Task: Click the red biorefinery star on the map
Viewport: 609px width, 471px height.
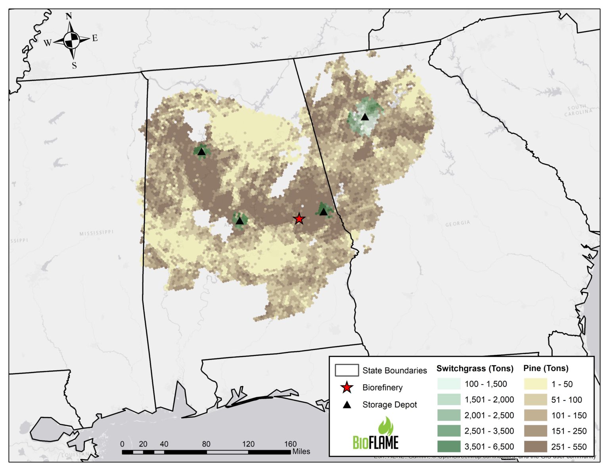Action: click(299, 219)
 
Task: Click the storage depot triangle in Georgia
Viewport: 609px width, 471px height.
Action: click(365, 117)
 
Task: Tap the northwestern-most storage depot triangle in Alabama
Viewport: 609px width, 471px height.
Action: click(201, 152)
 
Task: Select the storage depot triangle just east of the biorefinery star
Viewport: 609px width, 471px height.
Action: click(324, 211)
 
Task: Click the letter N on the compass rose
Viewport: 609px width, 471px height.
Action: click(69, 16)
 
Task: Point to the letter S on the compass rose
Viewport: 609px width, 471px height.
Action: click(74, 65)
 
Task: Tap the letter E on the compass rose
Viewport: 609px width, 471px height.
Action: click(95, 38)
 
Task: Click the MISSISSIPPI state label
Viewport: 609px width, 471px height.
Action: click(96, 233)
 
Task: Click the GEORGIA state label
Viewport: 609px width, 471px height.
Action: click(458, 224)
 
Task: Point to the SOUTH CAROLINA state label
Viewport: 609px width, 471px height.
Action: click(578, 110)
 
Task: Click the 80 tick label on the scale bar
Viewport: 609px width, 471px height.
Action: click(206, 444)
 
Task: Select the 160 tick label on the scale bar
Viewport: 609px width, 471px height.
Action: click(290, 444)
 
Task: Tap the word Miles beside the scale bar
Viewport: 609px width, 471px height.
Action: click(301, 452)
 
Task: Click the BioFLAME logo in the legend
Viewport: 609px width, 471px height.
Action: click(376, 434)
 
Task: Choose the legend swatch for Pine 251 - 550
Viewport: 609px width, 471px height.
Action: click(535, 446)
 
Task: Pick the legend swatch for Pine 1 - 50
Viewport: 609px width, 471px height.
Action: click(535, 384)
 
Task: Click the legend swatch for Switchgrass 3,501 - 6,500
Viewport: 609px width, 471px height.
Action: click(449, 446)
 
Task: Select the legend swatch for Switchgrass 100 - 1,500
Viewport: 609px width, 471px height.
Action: click(449, 384)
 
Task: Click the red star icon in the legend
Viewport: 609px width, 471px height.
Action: click(347, 387)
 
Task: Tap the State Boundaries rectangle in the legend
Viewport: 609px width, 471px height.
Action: click(347, 370)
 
